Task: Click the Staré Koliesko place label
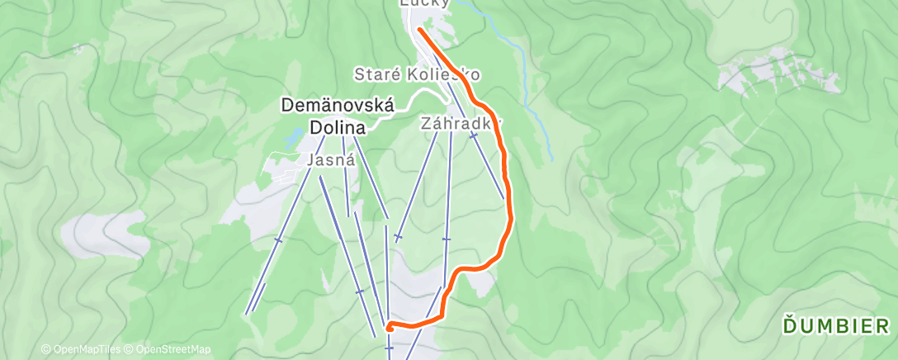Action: point(417,74)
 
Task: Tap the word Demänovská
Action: point(338,106)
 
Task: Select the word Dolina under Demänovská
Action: point(338,126)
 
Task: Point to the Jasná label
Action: point(330,161)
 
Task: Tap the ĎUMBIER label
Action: point(837,327)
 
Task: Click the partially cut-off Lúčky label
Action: point(425,3)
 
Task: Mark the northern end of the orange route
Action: point(420,31)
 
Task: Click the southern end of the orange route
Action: point(388,329)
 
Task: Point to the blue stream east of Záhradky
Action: point(528,107)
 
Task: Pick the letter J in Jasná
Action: point(310,161)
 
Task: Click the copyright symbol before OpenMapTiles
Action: point(45,350)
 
